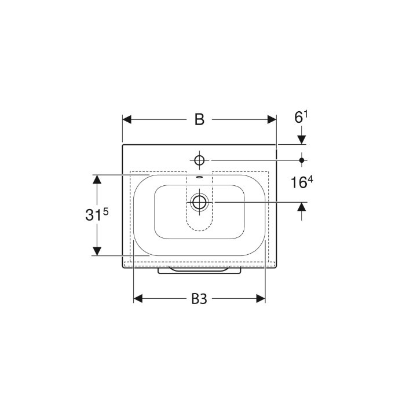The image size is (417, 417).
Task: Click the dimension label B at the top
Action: (199, 119)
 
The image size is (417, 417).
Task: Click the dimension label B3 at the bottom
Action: (199, 299)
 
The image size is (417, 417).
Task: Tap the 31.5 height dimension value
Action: (97, 214)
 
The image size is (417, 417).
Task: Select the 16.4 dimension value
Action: (302, 182)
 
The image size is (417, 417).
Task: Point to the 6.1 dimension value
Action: (301, 117)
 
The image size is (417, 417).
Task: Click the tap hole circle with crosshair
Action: (199, 160)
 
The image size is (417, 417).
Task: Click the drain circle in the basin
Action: (199, 202)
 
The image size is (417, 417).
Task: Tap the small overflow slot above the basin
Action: (199, 177)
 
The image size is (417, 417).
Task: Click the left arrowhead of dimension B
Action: (127, 119)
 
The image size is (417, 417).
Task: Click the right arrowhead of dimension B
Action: (272, 119)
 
